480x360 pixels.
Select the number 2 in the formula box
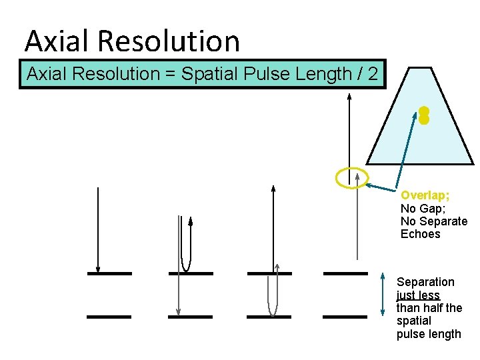point(374,74)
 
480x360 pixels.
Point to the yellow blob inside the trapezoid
point(423,115)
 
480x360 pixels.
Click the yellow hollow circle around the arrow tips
point(351,177)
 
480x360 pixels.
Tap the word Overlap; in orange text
point(425,195)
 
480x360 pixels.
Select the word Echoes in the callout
point(420,234)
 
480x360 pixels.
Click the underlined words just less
point(418,295)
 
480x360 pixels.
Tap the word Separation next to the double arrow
point(425,282)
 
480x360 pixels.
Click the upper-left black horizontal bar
point(109,273)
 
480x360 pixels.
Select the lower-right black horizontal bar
point(345,317)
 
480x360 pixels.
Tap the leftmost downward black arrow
point(98,230)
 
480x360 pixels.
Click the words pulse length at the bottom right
point(429,334)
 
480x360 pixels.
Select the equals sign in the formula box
point(173,74)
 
